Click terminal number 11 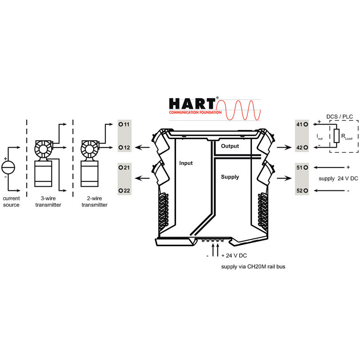[127, 125]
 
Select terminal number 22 [127, 190]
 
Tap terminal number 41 [299, 125]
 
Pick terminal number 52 [299, 190]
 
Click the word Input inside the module [186, 163]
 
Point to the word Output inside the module [230, 146]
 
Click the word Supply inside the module [230, 177]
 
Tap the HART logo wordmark [192, 104]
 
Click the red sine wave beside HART [238, 110]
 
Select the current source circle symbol [8, 167]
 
